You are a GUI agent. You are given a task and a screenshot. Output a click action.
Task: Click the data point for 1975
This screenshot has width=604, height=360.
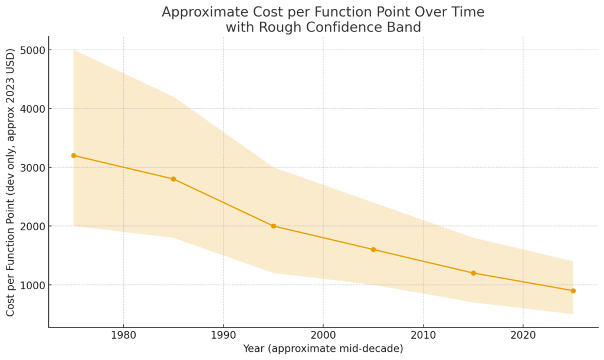click(x=74, y=155)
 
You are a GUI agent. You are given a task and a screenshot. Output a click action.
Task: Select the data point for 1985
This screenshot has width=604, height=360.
click(x=173, y=179)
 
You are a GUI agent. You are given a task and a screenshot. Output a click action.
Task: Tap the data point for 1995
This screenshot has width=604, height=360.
click(x=273, y=226)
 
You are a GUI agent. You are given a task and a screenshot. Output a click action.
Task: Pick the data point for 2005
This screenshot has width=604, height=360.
click(x=373, y=250)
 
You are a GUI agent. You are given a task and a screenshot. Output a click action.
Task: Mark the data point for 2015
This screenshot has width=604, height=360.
click(x=473, y=273)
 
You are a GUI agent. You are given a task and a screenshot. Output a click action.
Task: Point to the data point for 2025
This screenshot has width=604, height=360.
click(x=573, y=291)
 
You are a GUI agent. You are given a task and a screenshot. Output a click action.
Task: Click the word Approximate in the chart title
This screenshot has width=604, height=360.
click(x=202, y=12)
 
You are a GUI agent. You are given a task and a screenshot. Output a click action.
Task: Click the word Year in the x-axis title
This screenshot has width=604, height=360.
click(x=255, y=349)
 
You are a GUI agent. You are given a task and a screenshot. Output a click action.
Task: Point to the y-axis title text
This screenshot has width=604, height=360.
click(x=11, y=181)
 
